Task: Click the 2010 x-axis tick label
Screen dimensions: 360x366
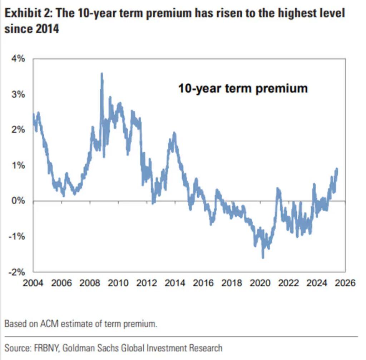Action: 118,283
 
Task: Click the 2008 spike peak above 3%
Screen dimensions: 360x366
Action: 102,74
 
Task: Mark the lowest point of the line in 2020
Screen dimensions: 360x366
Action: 263,257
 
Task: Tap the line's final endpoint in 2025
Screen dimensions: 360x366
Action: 337,169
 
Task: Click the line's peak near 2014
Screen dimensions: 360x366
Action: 174,133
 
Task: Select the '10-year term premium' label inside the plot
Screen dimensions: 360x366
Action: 243,88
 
